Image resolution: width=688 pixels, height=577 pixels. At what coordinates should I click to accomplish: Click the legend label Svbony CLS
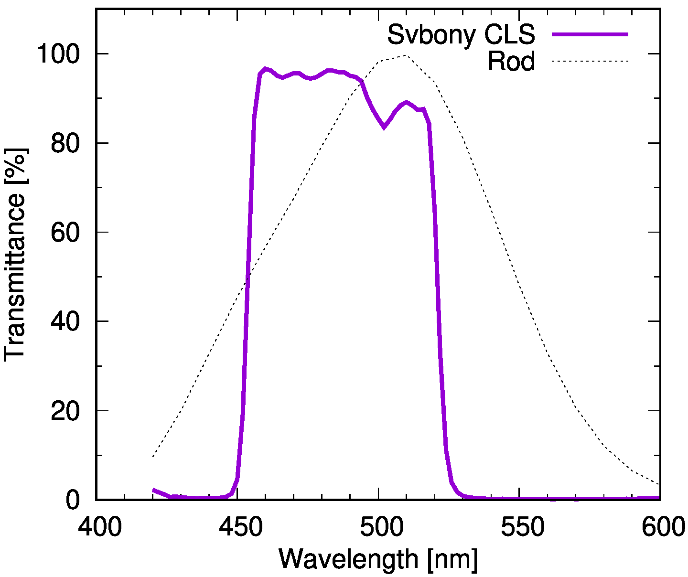click(461, 34)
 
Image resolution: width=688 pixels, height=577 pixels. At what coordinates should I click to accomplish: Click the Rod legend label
click(511, 61)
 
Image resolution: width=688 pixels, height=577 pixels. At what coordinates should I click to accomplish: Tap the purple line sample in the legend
click(590, 34)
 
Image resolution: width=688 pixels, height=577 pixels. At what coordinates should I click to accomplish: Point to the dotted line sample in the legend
click(590, 61)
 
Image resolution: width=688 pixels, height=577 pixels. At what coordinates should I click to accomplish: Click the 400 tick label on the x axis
click(97, 528)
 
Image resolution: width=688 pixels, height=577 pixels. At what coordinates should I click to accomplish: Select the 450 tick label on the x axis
click(237, 528)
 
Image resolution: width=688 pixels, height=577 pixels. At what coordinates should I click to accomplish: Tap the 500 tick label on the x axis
click(378, 528)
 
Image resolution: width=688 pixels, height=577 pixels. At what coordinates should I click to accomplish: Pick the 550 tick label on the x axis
click(519, 528)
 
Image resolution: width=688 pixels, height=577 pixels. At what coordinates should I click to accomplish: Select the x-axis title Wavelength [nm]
click(378, 559)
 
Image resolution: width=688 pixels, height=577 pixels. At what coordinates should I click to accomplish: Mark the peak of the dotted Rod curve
click(406, 55)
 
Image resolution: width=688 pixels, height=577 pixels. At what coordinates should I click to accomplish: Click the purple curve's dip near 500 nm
click(384, 127)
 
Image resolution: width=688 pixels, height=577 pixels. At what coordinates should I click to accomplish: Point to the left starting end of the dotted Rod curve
click(153, 457)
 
